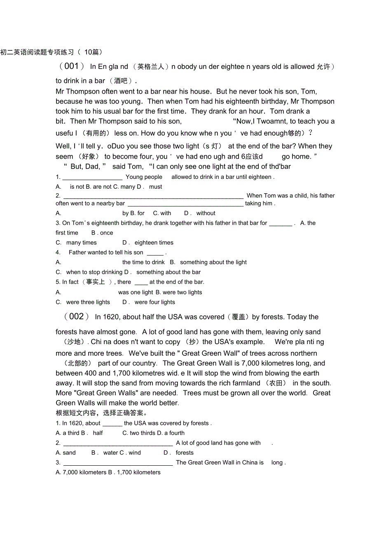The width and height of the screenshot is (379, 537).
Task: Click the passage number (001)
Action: point(72,66)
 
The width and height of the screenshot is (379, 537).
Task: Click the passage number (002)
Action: point(77,317)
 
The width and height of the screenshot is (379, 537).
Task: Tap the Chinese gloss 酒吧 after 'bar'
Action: point(121,81)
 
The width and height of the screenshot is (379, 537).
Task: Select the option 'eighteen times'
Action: point(154,243)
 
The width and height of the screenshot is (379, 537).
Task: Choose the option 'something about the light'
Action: point(213,262)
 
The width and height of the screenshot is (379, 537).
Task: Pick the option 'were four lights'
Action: point(154,302)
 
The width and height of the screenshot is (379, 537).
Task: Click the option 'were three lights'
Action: point(88,302)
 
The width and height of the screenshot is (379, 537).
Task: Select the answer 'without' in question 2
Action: point(206,213)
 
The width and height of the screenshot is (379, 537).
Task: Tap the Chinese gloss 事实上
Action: point(96,282)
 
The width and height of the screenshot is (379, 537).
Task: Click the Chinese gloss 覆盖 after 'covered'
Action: point(239,317)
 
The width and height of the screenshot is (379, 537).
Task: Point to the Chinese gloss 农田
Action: point(276,383)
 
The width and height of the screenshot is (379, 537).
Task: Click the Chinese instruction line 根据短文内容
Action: point(101,413)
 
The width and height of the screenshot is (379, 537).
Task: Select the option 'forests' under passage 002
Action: point(184,453)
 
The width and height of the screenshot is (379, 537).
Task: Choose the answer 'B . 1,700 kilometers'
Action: point(134,472)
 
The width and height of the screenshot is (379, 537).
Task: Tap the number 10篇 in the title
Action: point(93,52)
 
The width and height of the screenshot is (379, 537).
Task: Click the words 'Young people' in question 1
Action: point(144,177)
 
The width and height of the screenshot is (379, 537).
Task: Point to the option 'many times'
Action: point(81,243)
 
